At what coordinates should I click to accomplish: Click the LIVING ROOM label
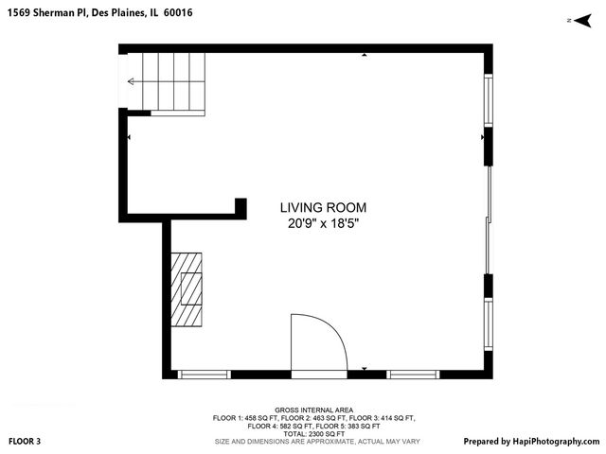click(323, 207)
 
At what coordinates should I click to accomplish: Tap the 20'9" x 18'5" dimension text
click(323, 224)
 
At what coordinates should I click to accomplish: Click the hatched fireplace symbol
click(187, 289)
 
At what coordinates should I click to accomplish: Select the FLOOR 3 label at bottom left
click(25, 441)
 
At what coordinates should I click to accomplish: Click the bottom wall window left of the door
click(205, 375)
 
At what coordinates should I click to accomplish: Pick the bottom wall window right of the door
click(414, 375)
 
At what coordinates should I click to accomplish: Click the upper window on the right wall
click(489, 100)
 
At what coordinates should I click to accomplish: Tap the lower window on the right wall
click(489, 325)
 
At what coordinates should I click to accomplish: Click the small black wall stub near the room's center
click(241, 208)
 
